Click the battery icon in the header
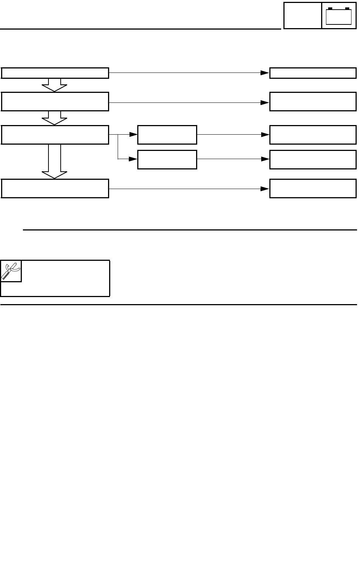[x=339, y=16]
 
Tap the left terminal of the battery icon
[x=330, y=9]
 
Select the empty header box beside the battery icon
[x=302, y=16]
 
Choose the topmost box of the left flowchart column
[x=55, y=73]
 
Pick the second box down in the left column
[x=55, y=101]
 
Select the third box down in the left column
[x=55, y=135]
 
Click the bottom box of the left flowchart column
[x=55, y=188]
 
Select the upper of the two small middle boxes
[x=167, y=135]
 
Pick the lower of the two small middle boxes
[x=167, y=159]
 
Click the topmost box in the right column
[x=313, y=73]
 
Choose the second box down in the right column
[x=313, y=101]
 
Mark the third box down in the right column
[x=313, y=135]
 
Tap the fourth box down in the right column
[x=313, y=159]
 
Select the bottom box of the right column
[x=313, y=188]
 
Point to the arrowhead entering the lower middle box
[x=133, y=159]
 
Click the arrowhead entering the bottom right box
[x=265, y=189]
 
